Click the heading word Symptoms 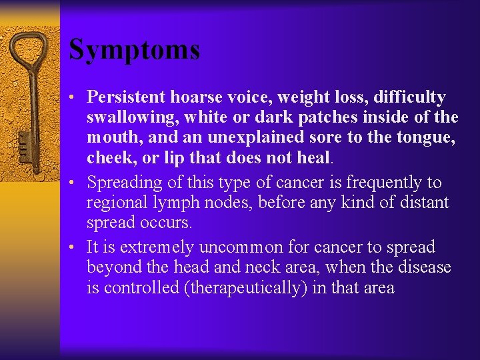pyautogui.click(x=134, y=50)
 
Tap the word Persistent pyautogui.click(x=127, y=97)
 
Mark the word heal pyautogui.click(x=315, y=158)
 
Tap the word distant pyautogui.click(x=422, y=203)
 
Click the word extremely pyautogui.click(x=145, y=248)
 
